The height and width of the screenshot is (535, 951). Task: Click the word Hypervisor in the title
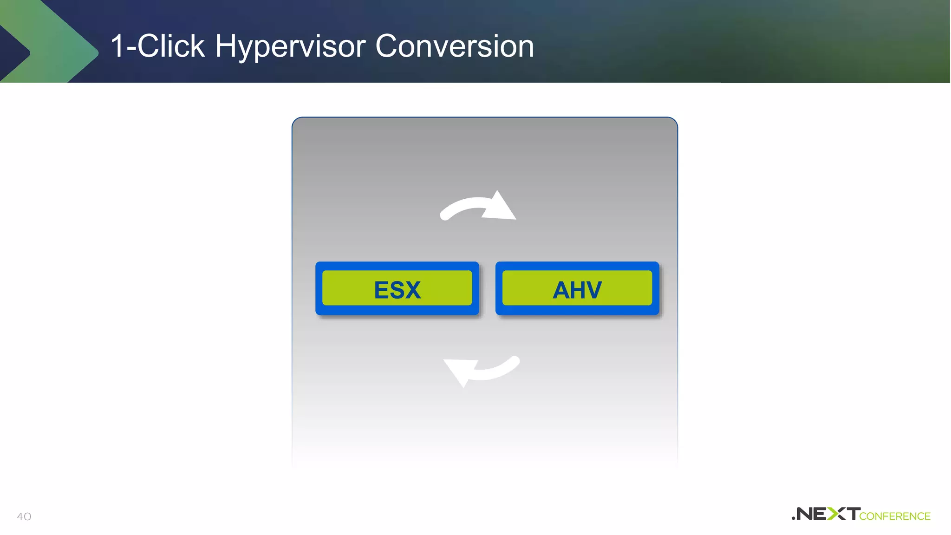click(x=290, y=46)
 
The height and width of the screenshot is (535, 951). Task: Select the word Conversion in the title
click(x=455, y=46)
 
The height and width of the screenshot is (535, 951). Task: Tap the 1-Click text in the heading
click(x=158, y=46)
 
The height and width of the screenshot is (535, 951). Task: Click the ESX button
click(x=397, y=288)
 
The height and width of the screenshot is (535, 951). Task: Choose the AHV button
click(x=577, y=288)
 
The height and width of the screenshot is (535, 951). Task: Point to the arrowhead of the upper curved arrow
click(x=502, y=207)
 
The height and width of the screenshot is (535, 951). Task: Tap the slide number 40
click(x=24, y=516)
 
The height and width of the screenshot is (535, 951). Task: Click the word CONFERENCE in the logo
click(x=895, y=516)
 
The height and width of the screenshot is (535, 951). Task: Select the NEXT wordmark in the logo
click(x=827, y=514)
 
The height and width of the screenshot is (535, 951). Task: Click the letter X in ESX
click(x=411, y=290)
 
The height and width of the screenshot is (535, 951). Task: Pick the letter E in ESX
click(x=383, y=290)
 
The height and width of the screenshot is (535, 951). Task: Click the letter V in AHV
click(x=593, y=290)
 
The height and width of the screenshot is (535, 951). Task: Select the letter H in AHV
click(x=578, y=290)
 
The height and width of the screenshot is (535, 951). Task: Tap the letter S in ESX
click(x=397, y=290)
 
